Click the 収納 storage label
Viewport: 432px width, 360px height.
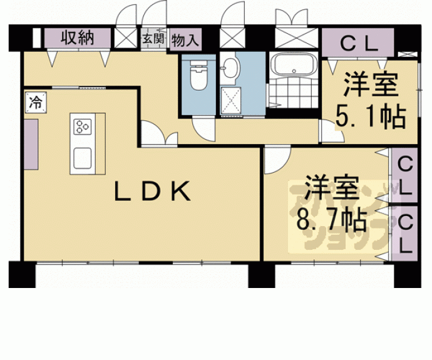pyautogui.click(x=78, y=38)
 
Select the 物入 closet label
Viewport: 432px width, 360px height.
pyautogui.click(x=185, y=39)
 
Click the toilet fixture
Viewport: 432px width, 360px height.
pyautogui.click(x=199, y=77)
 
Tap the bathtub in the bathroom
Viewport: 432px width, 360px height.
pyautogui.click(x=294, y=64)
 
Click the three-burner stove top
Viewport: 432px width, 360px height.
pyautogui.click(x=83, y=126)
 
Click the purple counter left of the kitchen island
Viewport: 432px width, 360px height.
pyautogui.click(x=31, y=144)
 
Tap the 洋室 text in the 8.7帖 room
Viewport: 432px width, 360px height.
pyautogui.click(x=332, y=190)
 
